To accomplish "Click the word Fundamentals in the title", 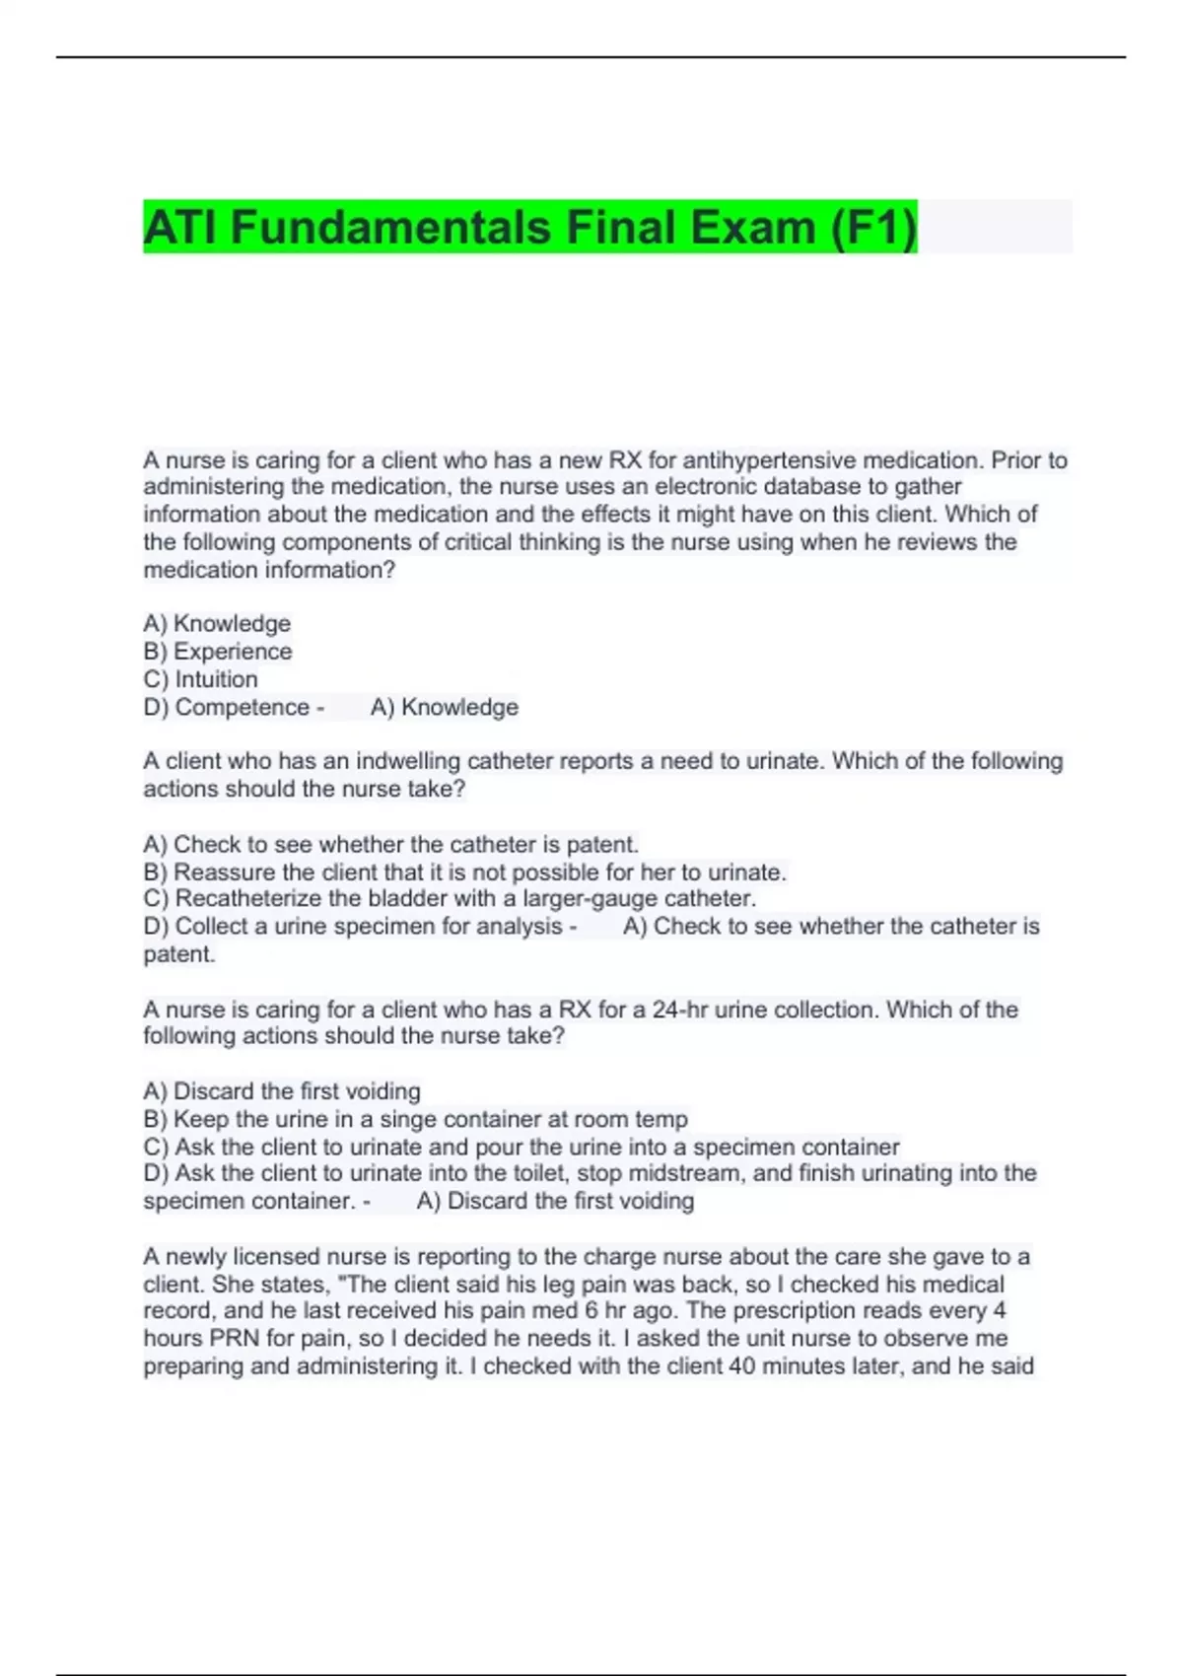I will pyautogui.click(x=391, y=228).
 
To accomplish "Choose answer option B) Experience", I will pyautogui.click(x=218, y=652).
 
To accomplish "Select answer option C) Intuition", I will pyautogui.click(x=200, y=679).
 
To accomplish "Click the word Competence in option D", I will pyautogui.click(x=243, y=708).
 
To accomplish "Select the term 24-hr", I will pyautogui.click(x=679, y=1010).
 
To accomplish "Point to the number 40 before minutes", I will pyautogui.click(x=741, y=1366).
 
